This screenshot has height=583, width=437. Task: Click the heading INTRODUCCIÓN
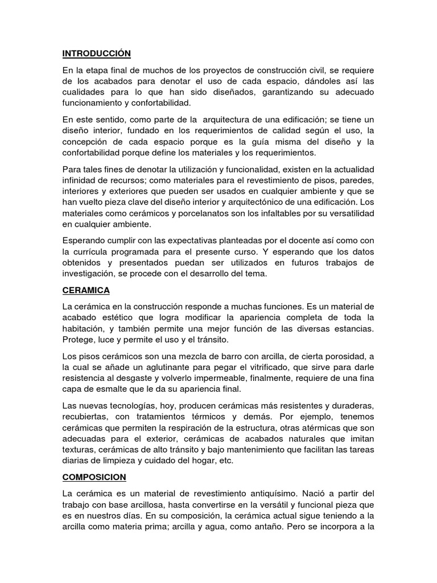(96, 54)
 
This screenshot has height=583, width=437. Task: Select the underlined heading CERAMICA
(86, 290)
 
